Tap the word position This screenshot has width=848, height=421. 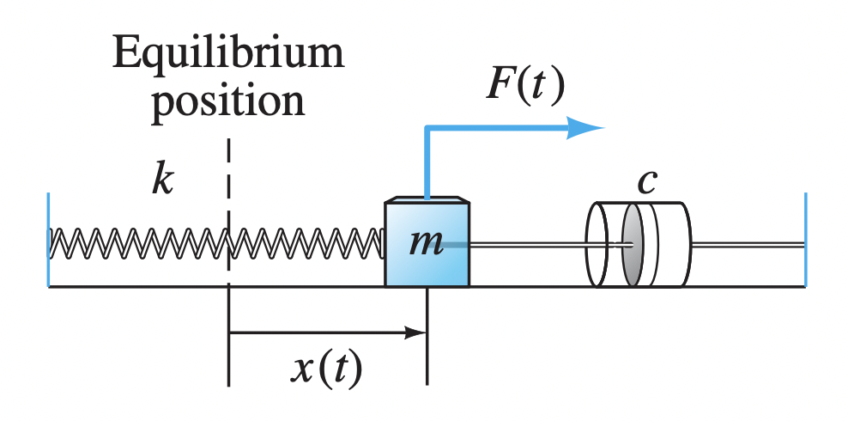click(x=228, y=101)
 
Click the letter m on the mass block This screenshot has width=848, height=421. click(x=426, y=243)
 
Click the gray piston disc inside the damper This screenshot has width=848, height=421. click(x=632, y=245)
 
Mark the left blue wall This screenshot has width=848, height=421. click(x=49, y=240)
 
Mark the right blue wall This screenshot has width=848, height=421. click(x=805, y=240)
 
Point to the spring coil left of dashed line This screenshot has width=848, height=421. click(x=137, y=244)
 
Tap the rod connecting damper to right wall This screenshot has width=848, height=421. click(x=747, y=246)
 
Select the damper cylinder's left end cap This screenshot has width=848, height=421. click(x=597, y=245)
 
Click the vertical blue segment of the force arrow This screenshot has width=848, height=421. click(x=427, y=163)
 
